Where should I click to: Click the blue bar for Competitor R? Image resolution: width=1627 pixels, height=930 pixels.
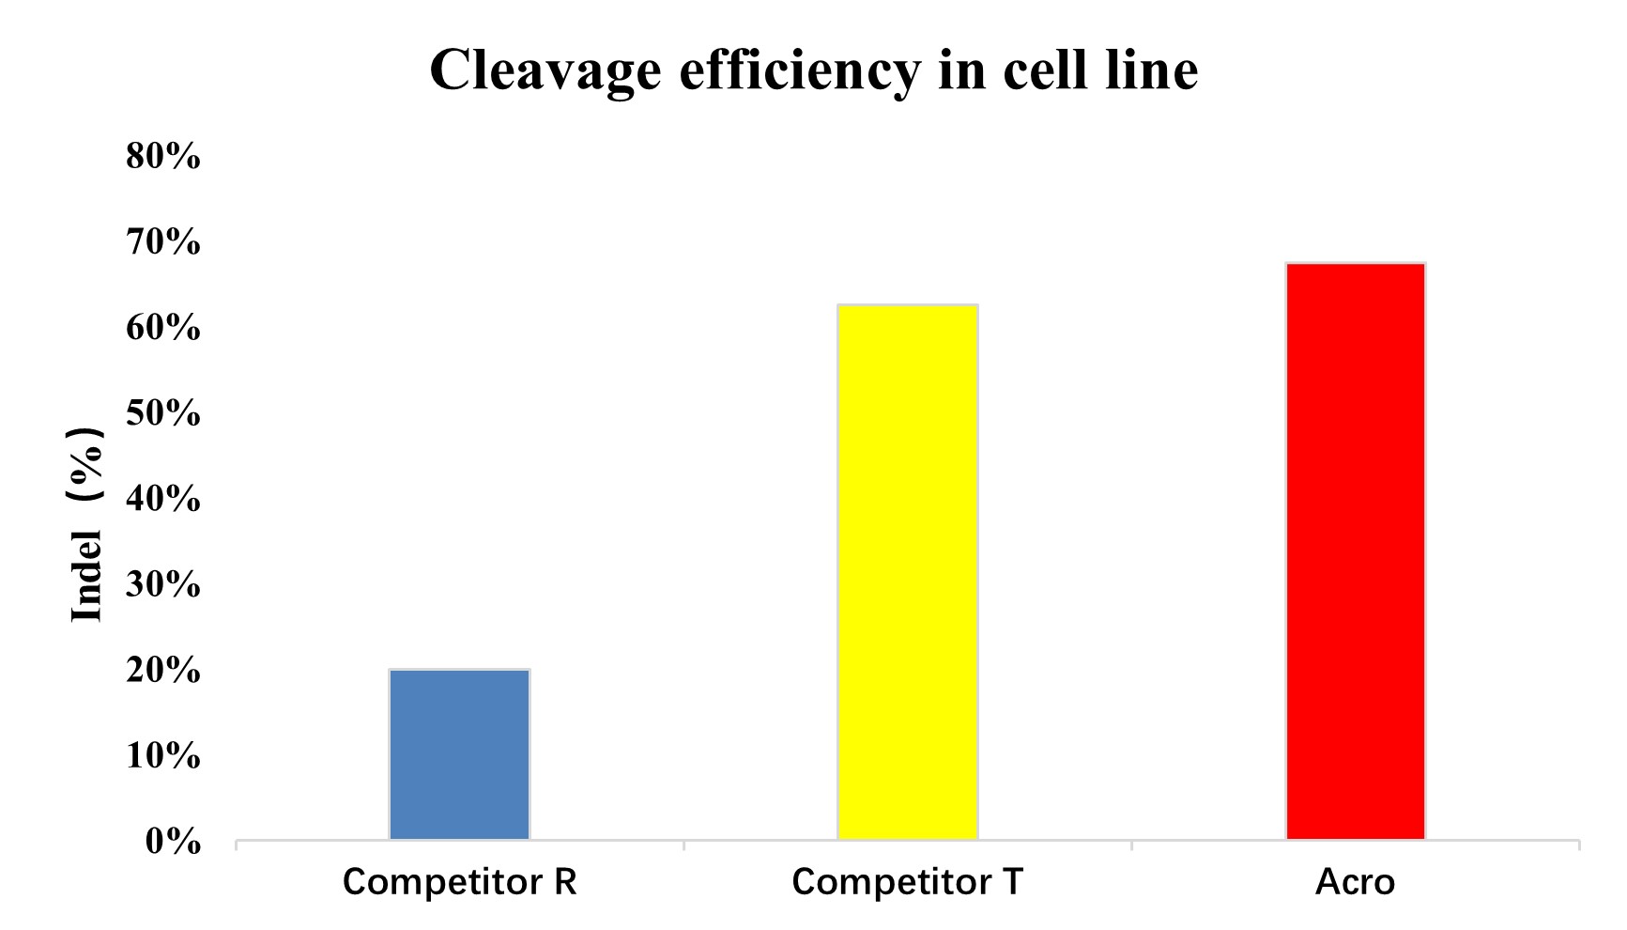pyautogui.click(x=459, y=753)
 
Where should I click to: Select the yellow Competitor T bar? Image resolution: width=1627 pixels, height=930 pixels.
pyautogui.click(x=907, y=571)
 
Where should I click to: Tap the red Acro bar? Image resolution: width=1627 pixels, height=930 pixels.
pyautogui.click(x=1355, y=550)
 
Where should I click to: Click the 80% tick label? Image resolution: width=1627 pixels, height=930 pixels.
pyautogui.click(x=163, y=156)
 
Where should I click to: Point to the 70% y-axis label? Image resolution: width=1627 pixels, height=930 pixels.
pyautogui.click(x=163, y=242)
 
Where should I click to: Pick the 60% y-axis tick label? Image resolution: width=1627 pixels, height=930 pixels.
pyautogui.click(x=163, y=328)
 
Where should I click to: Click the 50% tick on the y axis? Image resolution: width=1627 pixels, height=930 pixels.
pyautogui.click(x=163, y=413)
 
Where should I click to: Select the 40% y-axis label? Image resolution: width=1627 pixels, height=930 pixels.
pyautogui.click(x=163, y=499)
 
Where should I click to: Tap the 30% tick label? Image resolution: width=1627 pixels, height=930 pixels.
pyautogui.click(x=163, y=585)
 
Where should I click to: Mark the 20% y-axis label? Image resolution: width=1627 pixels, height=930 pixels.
pyautogui.click(x=163, y=671)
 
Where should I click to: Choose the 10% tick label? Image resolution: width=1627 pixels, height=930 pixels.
pyautogui.click(x=163, y=756)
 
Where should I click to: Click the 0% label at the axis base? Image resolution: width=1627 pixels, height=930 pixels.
pyautogui.click(x=173, y=843)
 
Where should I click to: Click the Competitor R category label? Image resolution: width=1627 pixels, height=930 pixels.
pyautogui.click(x=459, y=882)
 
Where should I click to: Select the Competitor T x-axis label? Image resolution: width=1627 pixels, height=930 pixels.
pyautogui.click(x=907, y=882)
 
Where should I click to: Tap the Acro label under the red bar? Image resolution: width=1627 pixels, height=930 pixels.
pyautogui.click(x=1355, y=882)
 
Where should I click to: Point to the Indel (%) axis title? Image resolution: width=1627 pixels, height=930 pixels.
pyautogui.click(x=86, y=524)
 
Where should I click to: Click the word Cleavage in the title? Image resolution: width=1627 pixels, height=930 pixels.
pyautogui.click(x=545, y=70)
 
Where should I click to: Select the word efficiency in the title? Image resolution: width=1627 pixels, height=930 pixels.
pyautogui.click(x=798, y=70)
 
